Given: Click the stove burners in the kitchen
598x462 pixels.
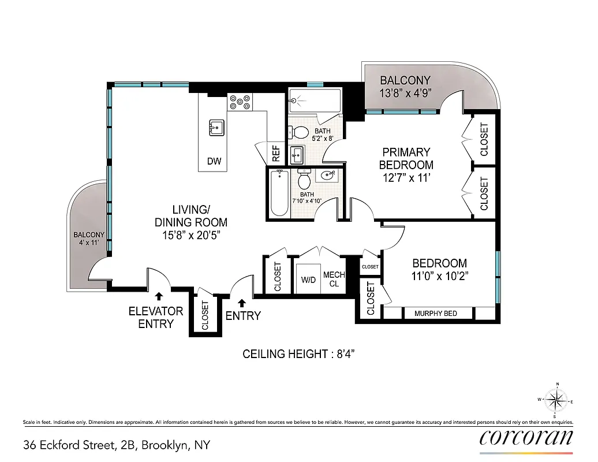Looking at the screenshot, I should [x=240, y=102].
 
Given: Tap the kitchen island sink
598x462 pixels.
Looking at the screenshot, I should [x=216, y=128].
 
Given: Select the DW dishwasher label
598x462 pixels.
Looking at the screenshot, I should [x=214, y=162].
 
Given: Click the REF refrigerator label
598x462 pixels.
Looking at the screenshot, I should [x=276, y=154].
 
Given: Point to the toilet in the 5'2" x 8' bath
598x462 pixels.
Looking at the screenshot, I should [x=300, y=132].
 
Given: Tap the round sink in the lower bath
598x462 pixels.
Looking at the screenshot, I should [x=330, y=175].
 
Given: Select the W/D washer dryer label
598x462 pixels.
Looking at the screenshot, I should [x=309, y=280].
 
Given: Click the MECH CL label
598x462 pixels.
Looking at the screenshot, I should [x=334, y=279].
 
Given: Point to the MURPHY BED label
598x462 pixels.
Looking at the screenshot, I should [x=436, y=313].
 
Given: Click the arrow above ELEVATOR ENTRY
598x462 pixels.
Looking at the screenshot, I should [x=159, y=296].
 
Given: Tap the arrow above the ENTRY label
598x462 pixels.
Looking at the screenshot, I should [x=241, y=302].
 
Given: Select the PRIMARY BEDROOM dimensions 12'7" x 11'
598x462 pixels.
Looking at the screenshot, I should [x=406, y=178].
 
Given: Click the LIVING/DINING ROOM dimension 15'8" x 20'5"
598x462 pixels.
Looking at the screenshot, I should [x=191, y=235].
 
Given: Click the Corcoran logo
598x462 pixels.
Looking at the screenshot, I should [x=526, y=438].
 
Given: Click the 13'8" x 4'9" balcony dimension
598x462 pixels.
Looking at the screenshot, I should [x=405, y=94].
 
